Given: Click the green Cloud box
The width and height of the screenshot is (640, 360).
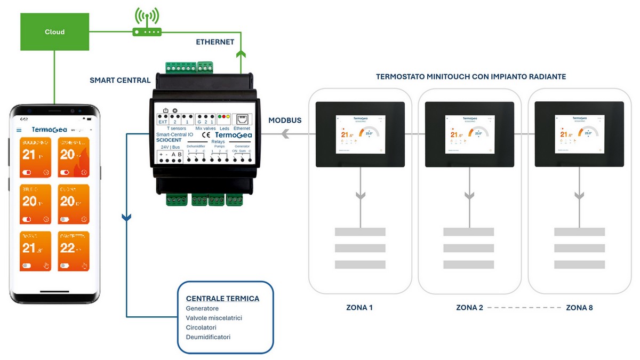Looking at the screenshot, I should tap(54, 32).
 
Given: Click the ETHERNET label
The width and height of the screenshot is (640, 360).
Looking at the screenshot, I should tap(215, 42).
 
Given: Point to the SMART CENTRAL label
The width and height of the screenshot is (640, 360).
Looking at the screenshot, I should tap(120, 81).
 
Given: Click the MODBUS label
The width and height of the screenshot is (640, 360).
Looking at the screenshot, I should tap(284, 121).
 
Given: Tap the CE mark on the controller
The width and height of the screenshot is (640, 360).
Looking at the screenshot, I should tap(206, 135).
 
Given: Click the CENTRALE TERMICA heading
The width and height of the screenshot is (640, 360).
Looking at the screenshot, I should tap(222, 299).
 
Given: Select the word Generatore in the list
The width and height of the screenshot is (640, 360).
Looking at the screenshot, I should tap(202, 309).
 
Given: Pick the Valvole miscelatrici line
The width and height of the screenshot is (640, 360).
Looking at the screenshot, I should tap(214, 318).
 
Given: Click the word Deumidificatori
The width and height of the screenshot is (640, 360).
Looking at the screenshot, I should tap(208, 337).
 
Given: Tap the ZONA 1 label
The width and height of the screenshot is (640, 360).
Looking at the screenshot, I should tap(360, 308).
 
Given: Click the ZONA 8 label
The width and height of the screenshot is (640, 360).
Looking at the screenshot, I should tap(579, 308).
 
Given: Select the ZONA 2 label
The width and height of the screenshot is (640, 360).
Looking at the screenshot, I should tap(470, 308).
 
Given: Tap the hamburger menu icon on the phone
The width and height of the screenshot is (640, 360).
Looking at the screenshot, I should tap(19, 130).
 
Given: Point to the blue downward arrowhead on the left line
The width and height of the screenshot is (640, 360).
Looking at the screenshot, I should tap(126, 218).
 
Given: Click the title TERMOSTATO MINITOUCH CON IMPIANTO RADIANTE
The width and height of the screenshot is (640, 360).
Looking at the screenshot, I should tap(470, 77).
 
